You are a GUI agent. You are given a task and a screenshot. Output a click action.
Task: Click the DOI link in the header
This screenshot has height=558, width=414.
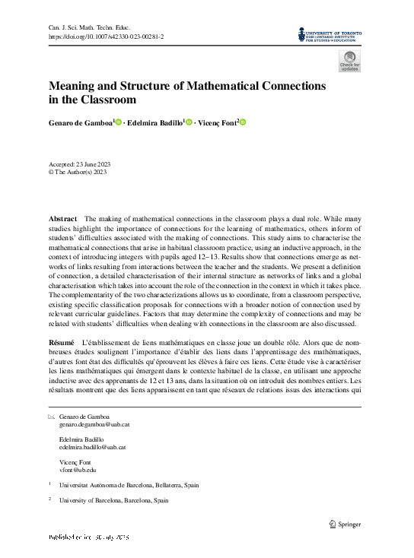pos(107,36)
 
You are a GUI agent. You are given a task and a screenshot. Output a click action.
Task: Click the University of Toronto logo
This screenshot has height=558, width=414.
pos(330,35)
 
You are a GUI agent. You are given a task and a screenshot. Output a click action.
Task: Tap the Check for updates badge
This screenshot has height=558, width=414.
pos(350,61)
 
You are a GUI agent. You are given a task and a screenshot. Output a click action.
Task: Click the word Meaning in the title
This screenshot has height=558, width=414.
pos(77,86)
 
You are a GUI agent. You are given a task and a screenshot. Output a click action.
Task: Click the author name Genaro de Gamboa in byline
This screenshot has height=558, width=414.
pos(80,122)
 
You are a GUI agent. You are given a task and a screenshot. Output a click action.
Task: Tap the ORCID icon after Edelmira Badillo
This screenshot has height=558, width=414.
pos(189,122)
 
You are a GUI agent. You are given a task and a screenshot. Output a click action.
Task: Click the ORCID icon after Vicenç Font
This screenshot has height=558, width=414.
pos(244,122)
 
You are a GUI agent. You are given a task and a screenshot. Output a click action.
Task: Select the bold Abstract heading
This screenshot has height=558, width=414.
pos(62,219)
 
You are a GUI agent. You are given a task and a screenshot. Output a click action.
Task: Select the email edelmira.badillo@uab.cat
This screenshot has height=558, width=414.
pos(92,448)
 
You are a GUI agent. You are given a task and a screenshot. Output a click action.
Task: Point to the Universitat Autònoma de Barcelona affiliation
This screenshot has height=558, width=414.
pos(129,484)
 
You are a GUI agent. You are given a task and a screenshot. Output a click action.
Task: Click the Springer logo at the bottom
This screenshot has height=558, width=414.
pos(344,523)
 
